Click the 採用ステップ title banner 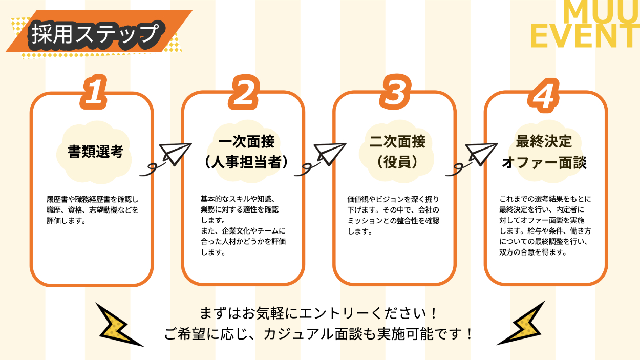coord(95,34)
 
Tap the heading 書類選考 coord(96,152)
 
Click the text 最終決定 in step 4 coord(544,141)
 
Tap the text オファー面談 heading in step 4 coord(544,163)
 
